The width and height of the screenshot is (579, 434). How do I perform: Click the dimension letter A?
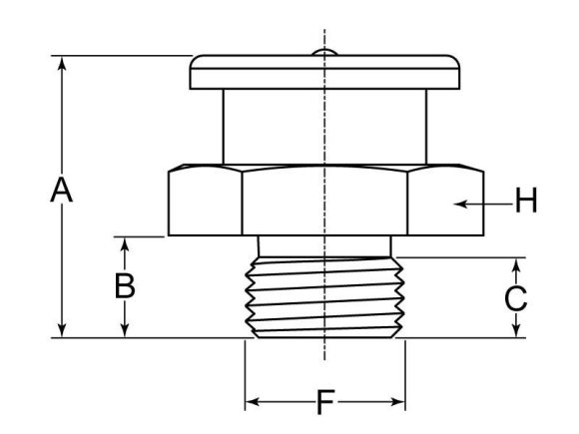[x=62, y=190]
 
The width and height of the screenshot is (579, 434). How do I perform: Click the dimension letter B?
[x=124, y=286]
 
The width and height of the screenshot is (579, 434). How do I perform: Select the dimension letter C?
[x=515, y=297]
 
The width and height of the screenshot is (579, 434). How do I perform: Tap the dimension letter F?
[x=324, y=403]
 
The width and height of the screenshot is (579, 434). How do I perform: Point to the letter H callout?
[x=525, y=203]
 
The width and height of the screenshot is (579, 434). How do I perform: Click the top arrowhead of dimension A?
[x=63, y=63]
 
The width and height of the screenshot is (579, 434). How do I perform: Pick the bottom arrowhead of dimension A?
[x=63, y=332]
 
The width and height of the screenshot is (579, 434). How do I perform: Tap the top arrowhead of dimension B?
[x=124, y=242]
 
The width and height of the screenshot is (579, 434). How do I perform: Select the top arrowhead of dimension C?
[x=516, y=263]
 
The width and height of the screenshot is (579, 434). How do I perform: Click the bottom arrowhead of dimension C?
[x=516, y=332]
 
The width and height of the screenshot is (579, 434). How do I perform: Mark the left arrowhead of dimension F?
[x=251, y=403]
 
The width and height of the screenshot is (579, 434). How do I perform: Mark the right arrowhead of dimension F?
[x=399, y=403]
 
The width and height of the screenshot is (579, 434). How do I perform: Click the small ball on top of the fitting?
[x=325, y=52]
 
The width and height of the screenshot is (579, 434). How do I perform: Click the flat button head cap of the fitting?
[x=325, y=73]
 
